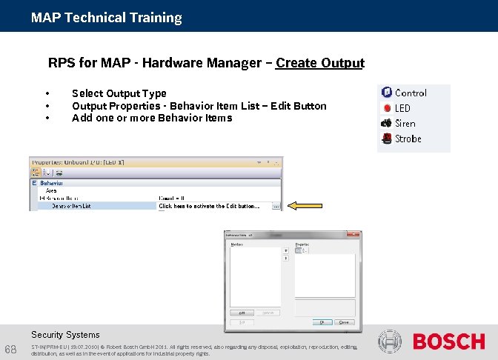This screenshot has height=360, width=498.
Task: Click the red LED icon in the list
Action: [386, 108]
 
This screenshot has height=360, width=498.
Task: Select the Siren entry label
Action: [405, 124]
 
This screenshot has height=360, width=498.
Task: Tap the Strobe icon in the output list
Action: [386, 139]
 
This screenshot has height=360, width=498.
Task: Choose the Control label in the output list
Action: [411, 93]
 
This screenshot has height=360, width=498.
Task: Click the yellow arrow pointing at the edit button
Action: [305, 206]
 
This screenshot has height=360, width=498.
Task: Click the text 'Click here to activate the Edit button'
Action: [209, 207]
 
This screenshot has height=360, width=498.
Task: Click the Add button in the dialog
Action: [242, 313]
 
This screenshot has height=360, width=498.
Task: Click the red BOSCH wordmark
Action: [448, 341]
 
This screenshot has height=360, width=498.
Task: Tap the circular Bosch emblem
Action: [390, 341]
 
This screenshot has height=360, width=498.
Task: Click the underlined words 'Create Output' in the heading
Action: [319, 63]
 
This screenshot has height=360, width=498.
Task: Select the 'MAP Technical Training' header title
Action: [106, 17]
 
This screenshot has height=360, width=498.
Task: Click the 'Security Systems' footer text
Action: [65, 335]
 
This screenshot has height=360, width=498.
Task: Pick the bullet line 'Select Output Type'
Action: [119, 93]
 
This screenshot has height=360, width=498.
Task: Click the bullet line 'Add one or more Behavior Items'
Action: [151, 118]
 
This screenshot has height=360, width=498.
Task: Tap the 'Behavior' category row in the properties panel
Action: [51, 182]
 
